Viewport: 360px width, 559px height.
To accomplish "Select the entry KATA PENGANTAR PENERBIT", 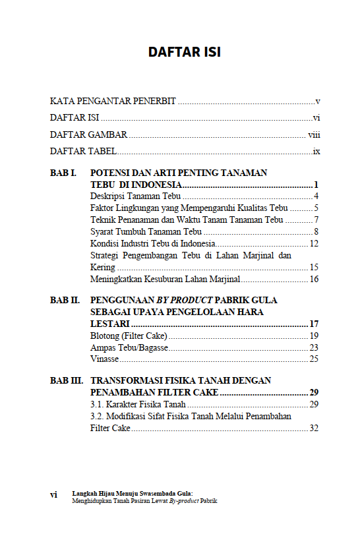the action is (113, 102).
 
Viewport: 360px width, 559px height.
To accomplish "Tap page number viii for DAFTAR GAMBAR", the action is (314, 135).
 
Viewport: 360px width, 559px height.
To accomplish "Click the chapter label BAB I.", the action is (63, 173).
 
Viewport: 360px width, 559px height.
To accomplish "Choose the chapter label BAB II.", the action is (65, 300).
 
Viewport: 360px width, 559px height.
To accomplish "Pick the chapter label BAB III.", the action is (66, 381).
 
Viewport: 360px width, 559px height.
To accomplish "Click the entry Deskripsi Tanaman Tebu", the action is (136, 196).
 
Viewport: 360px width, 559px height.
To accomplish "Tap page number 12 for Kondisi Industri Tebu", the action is (314, 244).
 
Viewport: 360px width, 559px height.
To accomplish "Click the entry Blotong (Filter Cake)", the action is (129, 336).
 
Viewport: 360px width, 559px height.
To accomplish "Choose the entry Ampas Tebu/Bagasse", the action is (129, 348).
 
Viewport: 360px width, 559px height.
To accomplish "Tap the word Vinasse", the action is (104, 359).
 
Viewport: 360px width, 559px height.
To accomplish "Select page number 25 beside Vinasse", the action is (314, 359).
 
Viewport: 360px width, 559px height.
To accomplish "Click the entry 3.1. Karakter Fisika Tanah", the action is (138, 404).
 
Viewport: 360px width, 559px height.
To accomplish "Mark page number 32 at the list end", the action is (314, 428).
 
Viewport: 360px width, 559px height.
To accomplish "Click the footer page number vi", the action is (53, 494).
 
